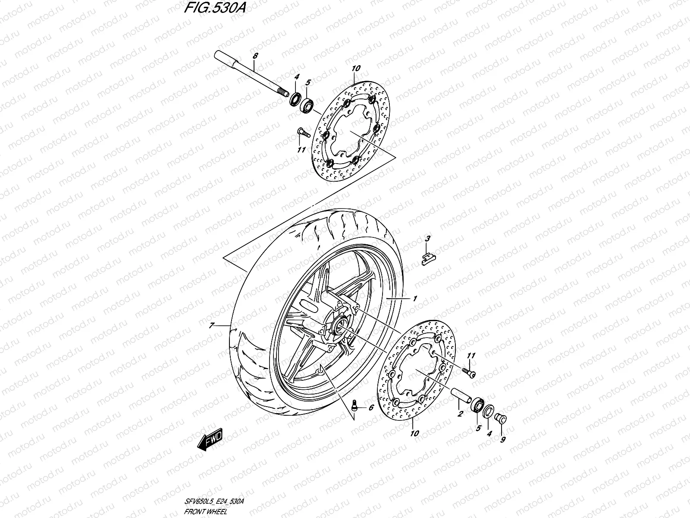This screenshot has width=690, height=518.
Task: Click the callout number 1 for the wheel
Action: point(414,299)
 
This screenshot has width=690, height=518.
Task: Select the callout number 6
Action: point(370,407)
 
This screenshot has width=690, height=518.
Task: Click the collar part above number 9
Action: point(502,418)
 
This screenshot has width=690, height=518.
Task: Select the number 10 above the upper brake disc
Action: point(355,68)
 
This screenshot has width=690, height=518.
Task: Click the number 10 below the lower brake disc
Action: point(414,433)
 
